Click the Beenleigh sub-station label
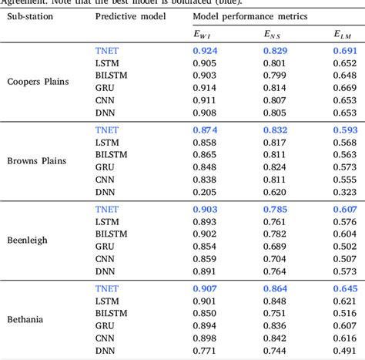pos(28,240)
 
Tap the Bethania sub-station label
pos(26,318)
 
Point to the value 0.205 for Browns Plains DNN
pos(203,191)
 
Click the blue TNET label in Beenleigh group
pos(107,209)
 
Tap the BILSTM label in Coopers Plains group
pos(111,75)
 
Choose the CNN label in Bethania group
pos(105,337)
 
